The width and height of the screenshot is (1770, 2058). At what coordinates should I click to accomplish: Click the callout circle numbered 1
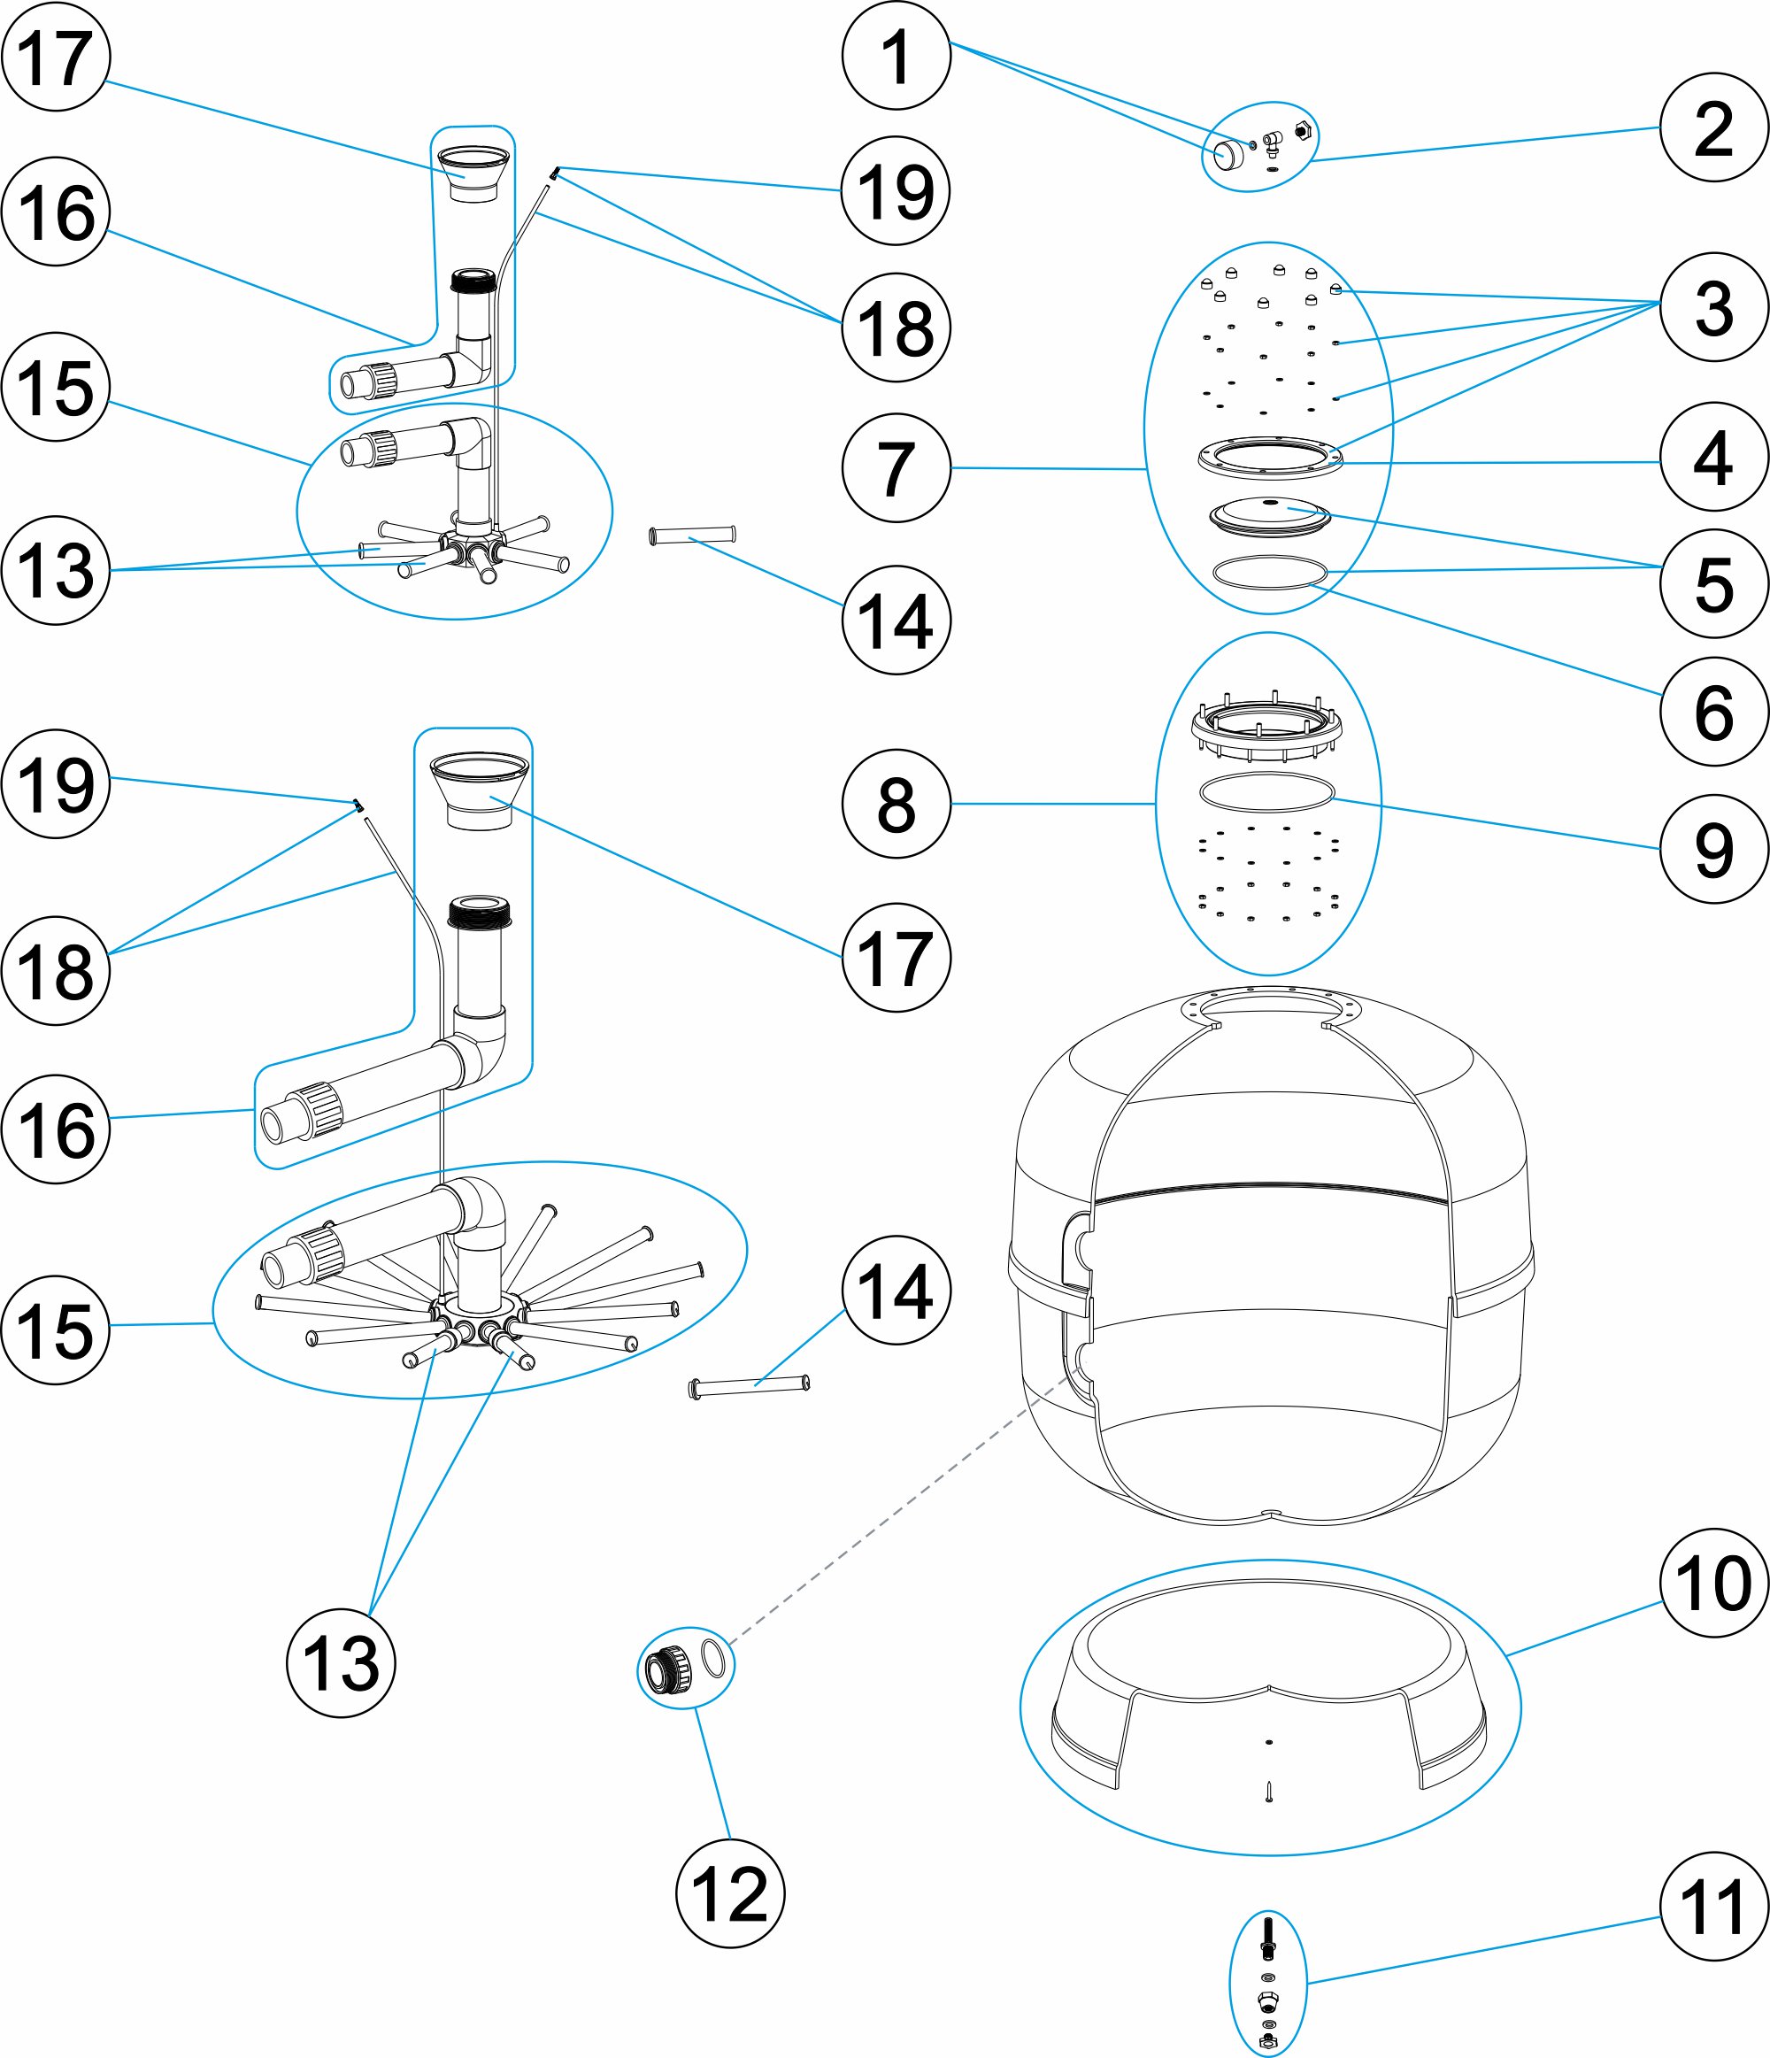pos(896,56)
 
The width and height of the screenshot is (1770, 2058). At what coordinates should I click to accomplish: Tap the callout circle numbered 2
pos(1713,127)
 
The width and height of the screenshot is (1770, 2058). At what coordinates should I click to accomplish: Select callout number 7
pos(896,468)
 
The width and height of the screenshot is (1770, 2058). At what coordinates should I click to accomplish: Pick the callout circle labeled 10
pos(1713,1583)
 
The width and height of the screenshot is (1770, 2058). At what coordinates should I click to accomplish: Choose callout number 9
pos(1713,849)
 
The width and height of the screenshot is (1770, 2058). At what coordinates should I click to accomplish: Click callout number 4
pos(1713,457)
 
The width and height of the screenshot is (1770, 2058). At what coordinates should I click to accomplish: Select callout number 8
pos(896,804)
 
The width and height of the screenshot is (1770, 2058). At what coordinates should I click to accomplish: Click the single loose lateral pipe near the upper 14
pos(692,536)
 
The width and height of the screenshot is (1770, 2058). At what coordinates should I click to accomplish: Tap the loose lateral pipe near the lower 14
pos(749,1385)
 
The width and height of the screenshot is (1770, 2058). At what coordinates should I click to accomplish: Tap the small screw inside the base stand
pos(1268,1792)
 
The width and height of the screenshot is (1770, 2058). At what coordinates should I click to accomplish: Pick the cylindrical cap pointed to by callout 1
pos(1227,155)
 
